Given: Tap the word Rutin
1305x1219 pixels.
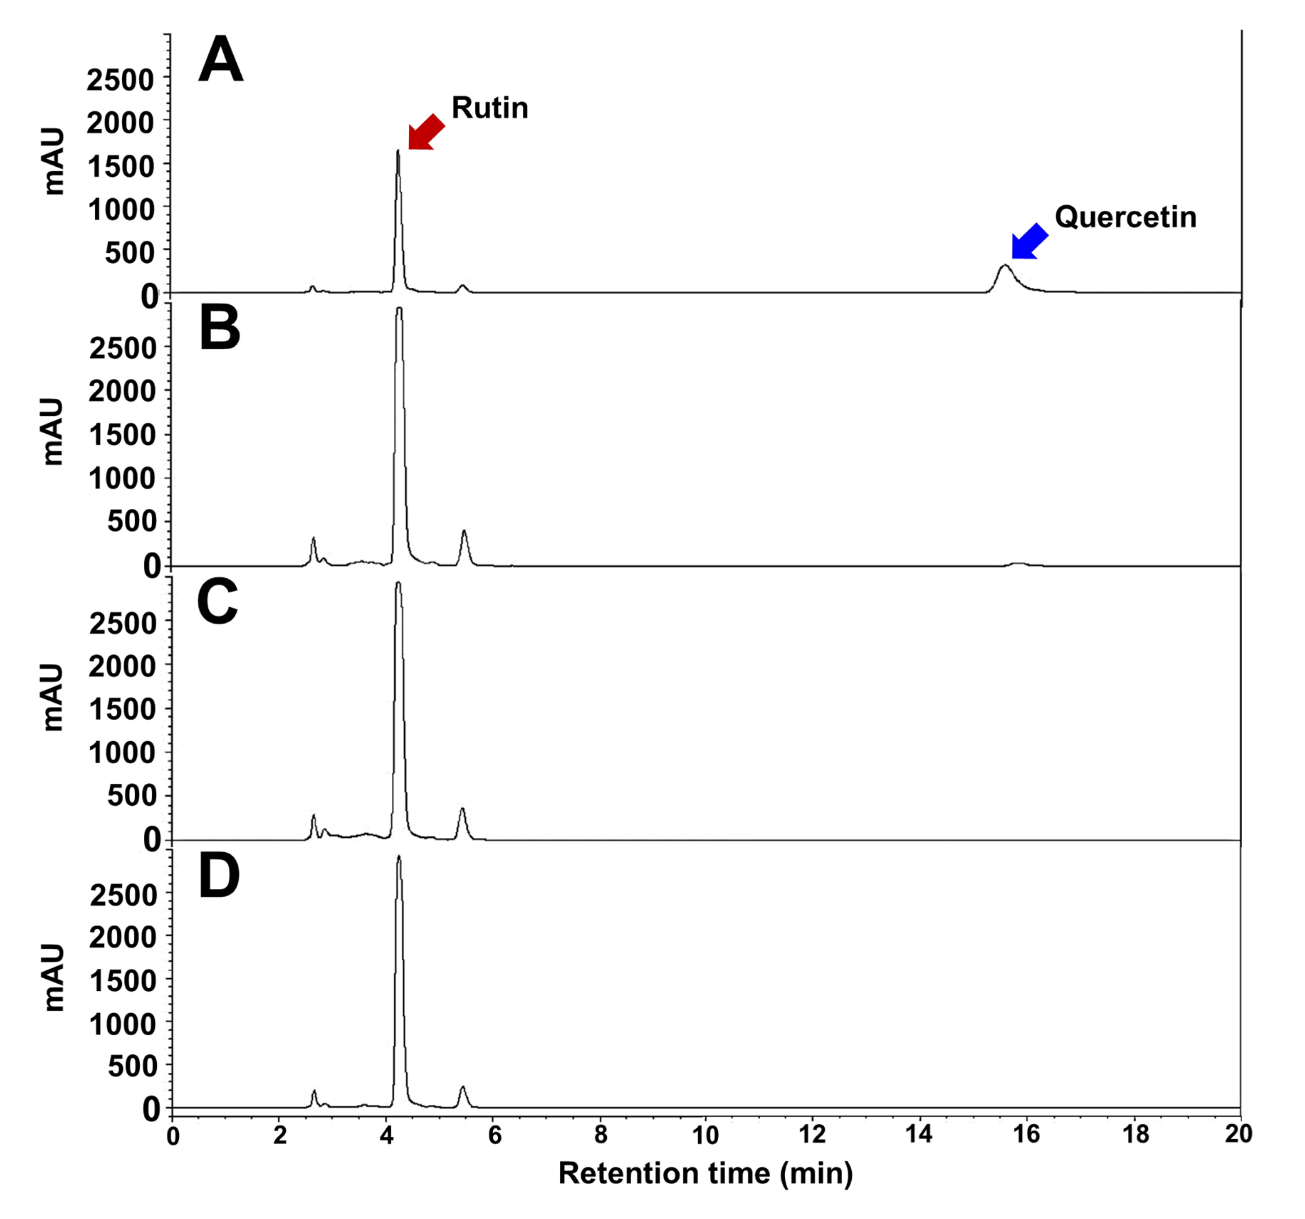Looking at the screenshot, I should (x=490, y=108).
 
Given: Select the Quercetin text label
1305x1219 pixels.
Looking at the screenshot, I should (x=1125, y=217).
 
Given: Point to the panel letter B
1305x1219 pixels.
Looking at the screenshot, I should (x=219, y=330).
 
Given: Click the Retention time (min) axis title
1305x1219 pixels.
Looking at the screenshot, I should (x=705, y=1173).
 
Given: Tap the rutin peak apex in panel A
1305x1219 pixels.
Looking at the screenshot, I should (x=398, y=151).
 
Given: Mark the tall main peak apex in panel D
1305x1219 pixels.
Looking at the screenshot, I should (x=398, y=857).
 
